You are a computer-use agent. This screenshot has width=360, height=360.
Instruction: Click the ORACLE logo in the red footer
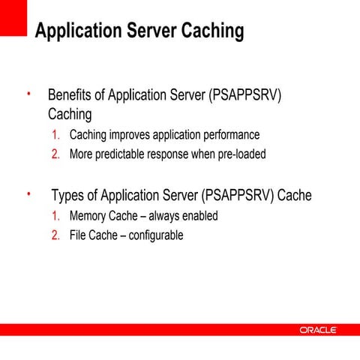point(319,330)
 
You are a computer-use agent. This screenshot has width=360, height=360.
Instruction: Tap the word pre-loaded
point(238,155)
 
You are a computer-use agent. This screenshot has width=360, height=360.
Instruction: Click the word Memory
point(89,216)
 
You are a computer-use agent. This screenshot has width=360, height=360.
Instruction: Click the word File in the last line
point(79,235)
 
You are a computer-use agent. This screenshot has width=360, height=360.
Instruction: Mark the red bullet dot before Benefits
point(28,94)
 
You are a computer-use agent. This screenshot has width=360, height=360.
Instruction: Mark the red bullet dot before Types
point(28,195)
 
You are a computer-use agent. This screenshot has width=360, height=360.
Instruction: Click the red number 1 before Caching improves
point(55,136)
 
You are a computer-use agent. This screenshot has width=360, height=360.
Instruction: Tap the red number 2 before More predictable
point(55,155)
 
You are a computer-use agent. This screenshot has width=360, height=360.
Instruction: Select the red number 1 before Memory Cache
point(55,216)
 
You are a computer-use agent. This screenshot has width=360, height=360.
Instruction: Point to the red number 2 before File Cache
point(55,235)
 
